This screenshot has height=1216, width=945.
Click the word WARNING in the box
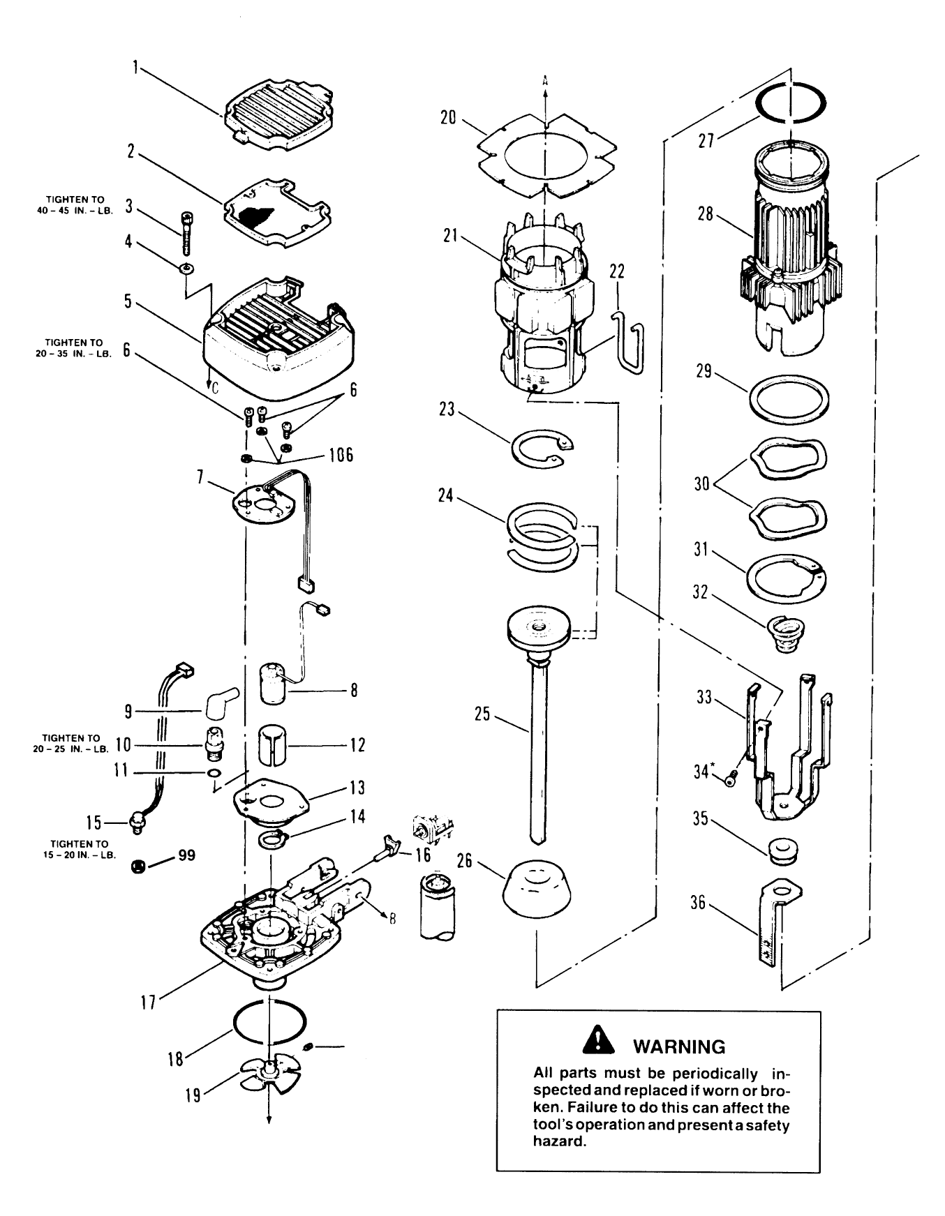(x=679, y=1046)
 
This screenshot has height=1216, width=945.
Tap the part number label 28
(x=706, y=213)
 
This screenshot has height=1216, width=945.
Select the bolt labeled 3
(x=187, y=234)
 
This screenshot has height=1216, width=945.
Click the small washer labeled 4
(x=187, y=269)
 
